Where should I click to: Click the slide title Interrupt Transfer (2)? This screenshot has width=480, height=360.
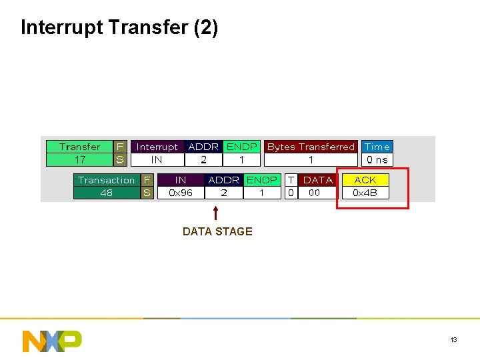[119, 27]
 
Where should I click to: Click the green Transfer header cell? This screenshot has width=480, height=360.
[79, 147]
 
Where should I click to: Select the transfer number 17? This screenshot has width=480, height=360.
[79, 160]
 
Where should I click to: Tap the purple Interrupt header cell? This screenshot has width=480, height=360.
[157, 147]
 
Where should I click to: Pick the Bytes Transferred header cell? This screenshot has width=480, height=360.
[311, 147]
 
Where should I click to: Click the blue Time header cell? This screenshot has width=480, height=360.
[377, 147]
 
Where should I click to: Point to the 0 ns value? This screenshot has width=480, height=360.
[377, 160]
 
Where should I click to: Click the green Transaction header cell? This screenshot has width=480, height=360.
[106, 180]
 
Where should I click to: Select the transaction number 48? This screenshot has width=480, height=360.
[106, 193]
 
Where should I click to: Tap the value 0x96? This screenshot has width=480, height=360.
[181, 193]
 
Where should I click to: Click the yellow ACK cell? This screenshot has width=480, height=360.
[365, 180]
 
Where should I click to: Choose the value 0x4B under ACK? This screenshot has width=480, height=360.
[365, 193]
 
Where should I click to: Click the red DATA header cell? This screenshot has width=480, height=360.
[317, 180]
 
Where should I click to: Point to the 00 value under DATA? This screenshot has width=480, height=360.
[314, 193]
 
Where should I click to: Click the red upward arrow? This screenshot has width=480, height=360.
[215, 213]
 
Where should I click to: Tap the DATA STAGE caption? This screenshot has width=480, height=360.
[217, 231]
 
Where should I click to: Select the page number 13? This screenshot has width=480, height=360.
[453, 340]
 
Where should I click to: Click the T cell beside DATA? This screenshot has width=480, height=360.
[291, 180]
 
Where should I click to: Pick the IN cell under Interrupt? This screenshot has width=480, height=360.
[157, 160]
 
